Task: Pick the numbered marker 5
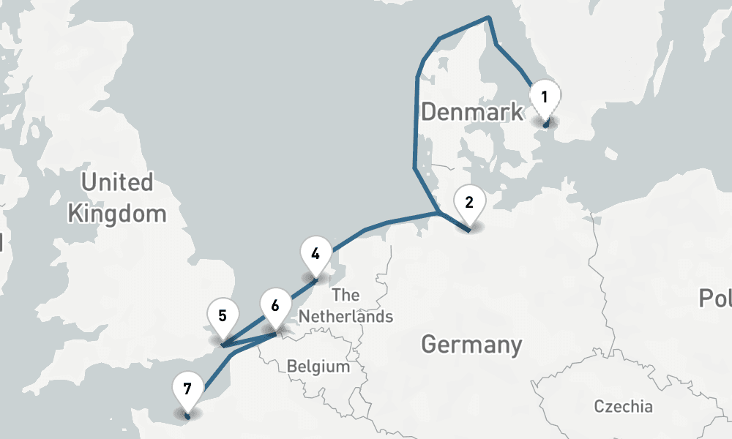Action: pos(222,317)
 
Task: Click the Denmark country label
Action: pos(473,112)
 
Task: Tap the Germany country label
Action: pos(472,344)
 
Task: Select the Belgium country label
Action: pos(318,366)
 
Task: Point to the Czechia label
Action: pos(623,407)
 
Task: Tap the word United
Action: pos(117,182)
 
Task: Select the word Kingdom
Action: pos(117,214)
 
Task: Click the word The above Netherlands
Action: pos(346,296)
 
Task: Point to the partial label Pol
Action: pos(714,299)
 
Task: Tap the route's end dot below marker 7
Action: pos(187,416)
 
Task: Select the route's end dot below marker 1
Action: pos(545,126)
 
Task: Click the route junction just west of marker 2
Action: pos(438,214)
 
